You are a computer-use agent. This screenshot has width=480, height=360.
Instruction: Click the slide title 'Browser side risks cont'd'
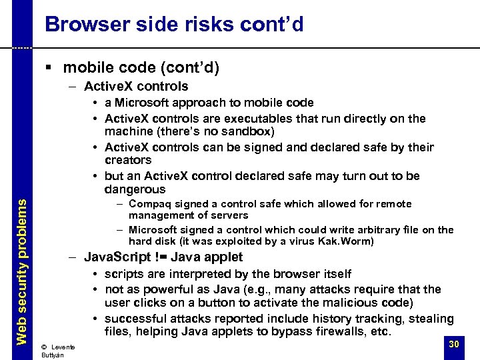tap(174, 25)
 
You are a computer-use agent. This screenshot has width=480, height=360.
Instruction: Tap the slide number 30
tap(454, 344)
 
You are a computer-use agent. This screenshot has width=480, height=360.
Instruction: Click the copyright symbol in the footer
tap(43, 347)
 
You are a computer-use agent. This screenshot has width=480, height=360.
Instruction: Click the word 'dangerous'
tap(135, 189)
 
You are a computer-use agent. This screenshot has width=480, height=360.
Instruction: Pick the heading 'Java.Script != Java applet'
tap(163, 257)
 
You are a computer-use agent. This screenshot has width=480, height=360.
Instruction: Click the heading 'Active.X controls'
tap(136, 86)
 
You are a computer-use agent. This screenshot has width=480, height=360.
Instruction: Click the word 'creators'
tap(128, 160)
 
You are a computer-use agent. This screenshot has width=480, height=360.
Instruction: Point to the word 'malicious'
tap(346, 303)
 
